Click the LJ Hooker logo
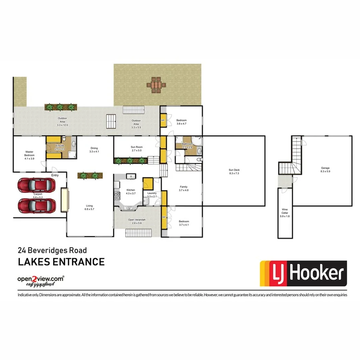coord(303,274)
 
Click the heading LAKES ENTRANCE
coord(61,262)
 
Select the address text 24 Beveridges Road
coord(52,251)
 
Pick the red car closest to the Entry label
coord(36,185)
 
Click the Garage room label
coord(325,170)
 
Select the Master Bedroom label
coord(30,153)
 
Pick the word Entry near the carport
coord(55,175)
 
